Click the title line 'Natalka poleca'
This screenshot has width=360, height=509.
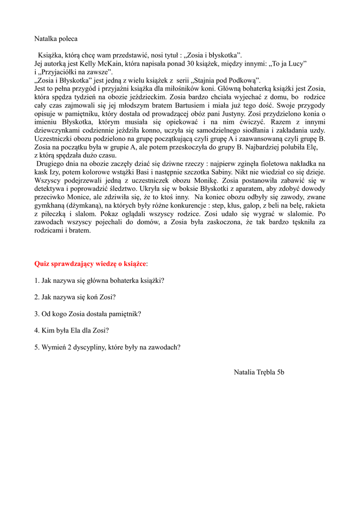tap(56, 38)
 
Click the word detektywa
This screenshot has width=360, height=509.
tap(50, 189)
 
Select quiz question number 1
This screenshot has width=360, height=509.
tap(99, 280)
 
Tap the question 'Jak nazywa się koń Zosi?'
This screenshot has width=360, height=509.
tap(75, 297)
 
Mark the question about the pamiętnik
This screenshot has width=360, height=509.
tap(88, 314)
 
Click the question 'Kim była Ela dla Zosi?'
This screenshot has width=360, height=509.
tap(72, 331)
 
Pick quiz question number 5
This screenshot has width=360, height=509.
tap(107, 347)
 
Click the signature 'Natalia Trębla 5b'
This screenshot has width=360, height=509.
tap(259, 371)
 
